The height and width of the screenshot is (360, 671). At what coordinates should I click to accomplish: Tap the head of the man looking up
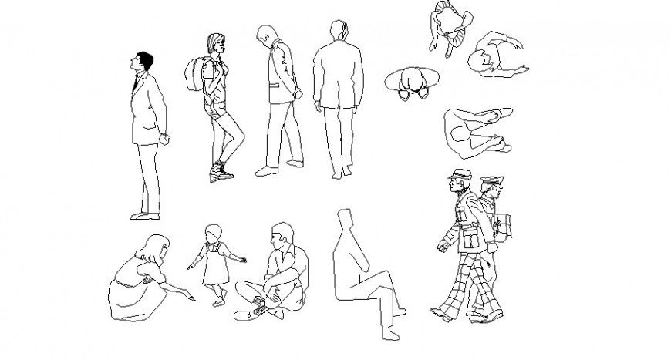[143, 61]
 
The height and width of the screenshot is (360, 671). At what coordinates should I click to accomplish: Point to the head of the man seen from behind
[338, 32]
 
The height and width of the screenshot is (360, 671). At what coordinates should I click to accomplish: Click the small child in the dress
[213, 262]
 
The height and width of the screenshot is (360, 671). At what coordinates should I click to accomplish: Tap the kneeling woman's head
[154, 248]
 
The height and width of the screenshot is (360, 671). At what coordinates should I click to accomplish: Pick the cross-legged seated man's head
[282, 234]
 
